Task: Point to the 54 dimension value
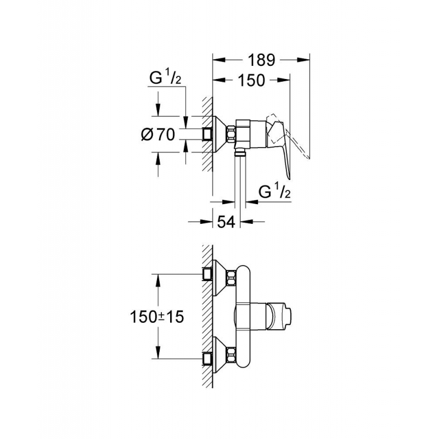(x=226, y=222)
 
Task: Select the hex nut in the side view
(x=230, y=134)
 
